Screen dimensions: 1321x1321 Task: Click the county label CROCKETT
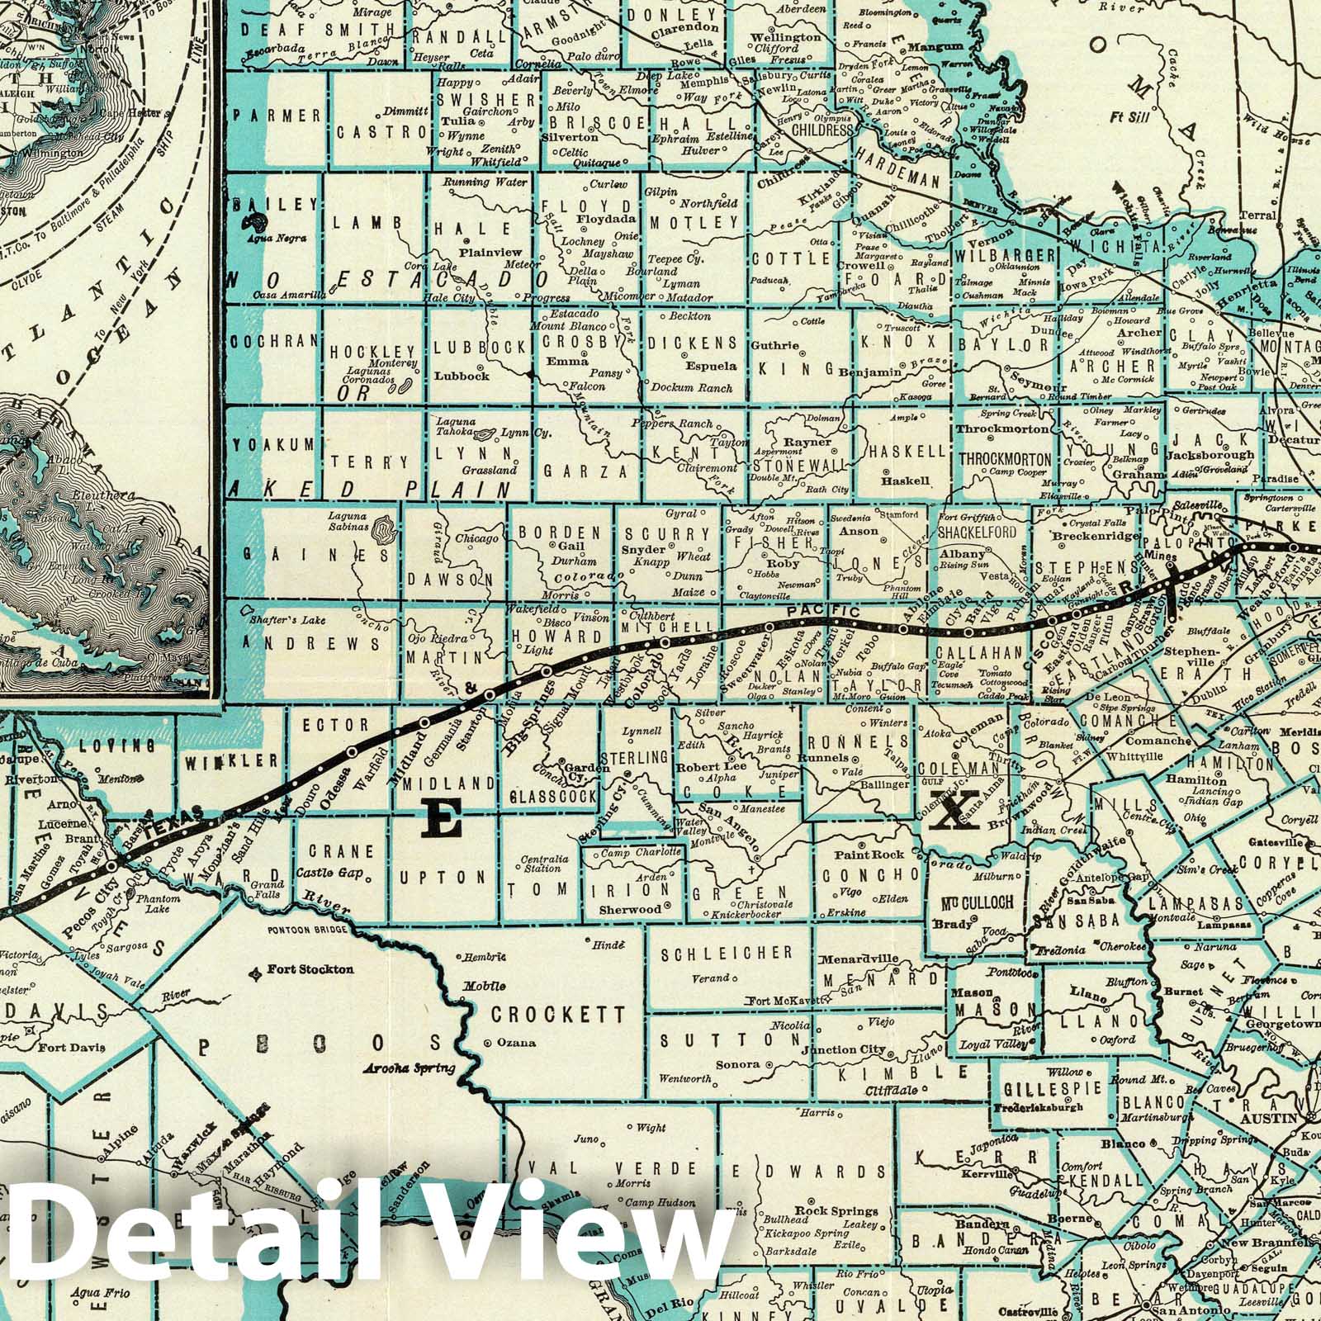(x=558, y=1013)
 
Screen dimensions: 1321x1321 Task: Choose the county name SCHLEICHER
(x=727, y=953)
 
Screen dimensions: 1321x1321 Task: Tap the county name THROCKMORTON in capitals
(x=1004, y=459)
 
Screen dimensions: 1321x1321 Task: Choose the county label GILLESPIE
(x=1049, y=1088)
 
